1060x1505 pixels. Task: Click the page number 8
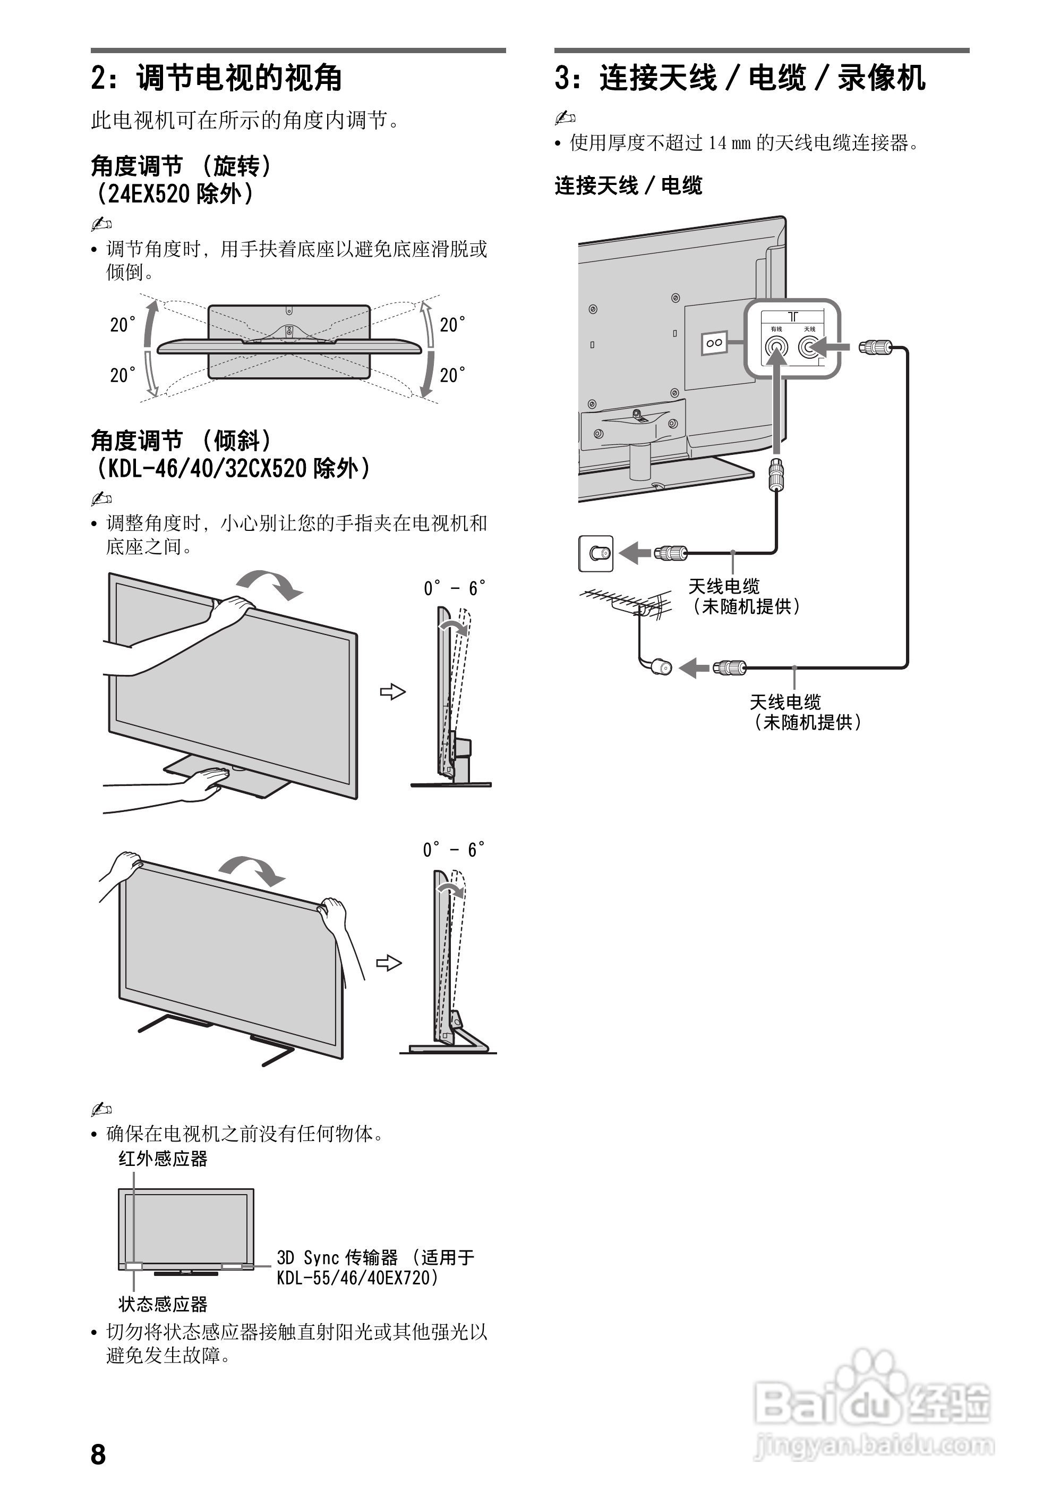(x=98, y=1454)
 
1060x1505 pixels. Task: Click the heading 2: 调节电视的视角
(x=217, y=78)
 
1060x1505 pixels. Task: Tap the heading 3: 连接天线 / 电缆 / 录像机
(x=740, y=78)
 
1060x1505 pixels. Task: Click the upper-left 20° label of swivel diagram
(x=123, y=325)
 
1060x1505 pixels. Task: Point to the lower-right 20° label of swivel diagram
(x=452, y=376)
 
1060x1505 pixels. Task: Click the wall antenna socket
(x=595, y=553)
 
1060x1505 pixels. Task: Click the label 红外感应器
(x=163, y=1159)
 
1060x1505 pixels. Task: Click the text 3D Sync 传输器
(x=337, y=1257)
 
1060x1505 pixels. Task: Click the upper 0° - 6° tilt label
(x=454, y=588)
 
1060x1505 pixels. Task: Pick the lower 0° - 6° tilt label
(x=454, y=850)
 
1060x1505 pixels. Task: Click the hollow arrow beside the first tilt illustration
(x=392, y=691)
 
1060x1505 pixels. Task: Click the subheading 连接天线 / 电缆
(x=628, y=186)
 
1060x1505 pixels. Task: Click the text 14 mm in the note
(x=729, y=143)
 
